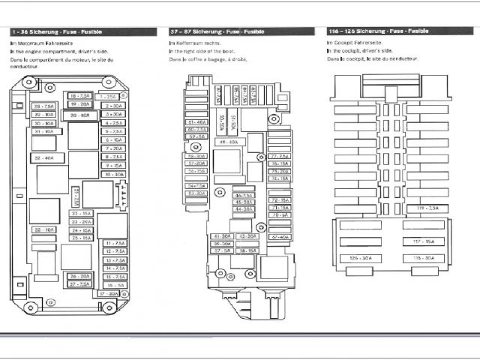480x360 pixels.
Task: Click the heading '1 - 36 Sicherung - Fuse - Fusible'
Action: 56,32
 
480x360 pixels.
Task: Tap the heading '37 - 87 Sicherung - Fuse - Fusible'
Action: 217,32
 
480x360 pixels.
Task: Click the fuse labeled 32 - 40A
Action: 43,157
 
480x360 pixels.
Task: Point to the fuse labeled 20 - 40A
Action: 80,115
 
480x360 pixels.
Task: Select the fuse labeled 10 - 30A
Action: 114,174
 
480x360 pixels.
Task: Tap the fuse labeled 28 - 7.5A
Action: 43,106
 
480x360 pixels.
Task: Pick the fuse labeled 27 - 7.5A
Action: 79,284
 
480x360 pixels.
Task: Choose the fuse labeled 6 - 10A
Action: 114,139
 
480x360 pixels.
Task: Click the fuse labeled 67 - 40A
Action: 280,237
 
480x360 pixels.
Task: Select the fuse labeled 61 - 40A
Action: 197,121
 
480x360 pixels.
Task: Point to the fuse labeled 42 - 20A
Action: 246,236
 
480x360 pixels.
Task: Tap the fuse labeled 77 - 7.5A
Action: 280,155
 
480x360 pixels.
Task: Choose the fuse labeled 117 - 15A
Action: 424,241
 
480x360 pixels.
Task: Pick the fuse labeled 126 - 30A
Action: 361,258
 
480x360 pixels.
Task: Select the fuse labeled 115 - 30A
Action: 424,258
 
